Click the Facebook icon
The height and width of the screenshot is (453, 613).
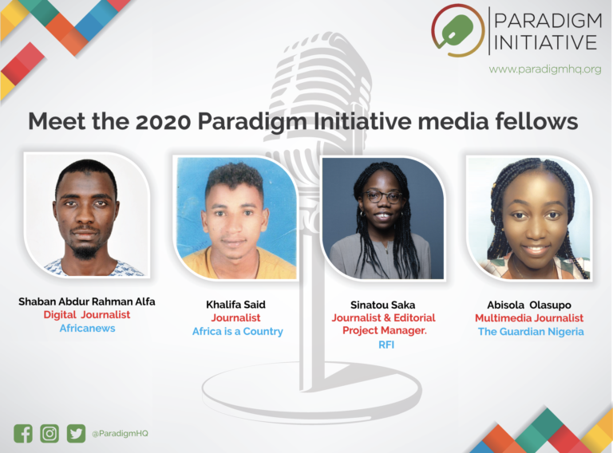coord(23,433)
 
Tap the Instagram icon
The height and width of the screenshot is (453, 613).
coord(49,433)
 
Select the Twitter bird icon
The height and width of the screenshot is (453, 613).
coord(76,433)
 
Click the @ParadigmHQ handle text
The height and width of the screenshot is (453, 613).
coord(120,433)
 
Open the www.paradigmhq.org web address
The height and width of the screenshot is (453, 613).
coord(545,69)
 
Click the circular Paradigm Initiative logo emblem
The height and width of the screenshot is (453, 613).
coord(457,30)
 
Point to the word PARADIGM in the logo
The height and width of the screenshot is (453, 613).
coord(546,19)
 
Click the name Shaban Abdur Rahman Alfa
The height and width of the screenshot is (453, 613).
coord(87,301)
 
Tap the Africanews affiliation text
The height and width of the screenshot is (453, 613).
coord(87,328)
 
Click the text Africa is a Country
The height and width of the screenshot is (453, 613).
coord(238,331)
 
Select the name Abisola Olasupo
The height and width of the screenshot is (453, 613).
coord(529,305)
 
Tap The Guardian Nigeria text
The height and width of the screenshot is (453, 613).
coord(531,331)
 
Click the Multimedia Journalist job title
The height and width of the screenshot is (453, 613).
coord(529,318)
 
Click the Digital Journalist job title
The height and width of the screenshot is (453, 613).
coord(87,315)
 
